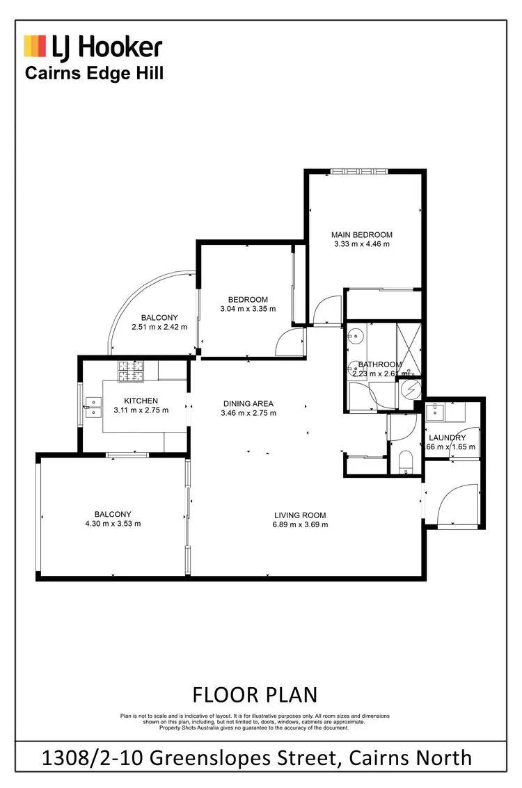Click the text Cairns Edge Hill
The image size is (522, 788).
[x=94, y=73]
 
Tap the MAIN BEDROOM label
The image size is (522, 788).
[x=361, y=235]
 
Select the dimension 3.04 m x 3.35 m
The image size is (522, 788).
[x=248, y=309]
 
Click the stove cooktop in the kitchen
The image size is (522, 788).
[x=130, y=371]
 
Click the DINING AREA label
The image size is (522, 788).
[x=248, y=403]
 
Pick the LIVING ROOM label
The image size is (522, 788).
[x=300, y=515]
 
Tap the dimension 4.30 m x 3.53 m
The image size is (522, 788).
[x=113, y=524]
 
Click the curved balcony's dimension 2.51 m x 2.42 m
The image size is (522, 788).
[x=159, y=326]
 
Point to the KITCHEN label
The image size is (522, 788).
[x=141, y=401]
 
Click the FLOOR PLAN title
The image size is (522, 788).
[x=254, y=694]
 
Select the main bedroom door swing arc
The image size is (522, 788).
[x=326, y=311]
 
